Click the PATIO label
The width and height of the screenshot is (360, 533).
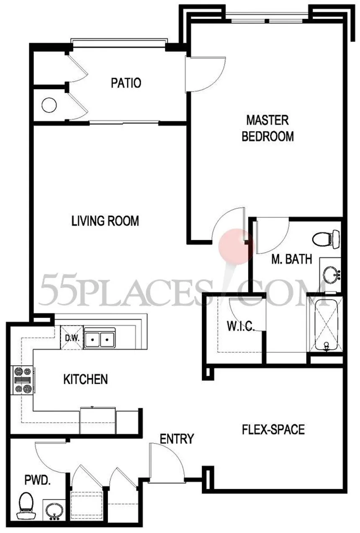pyautogui.click(x=126, y=83)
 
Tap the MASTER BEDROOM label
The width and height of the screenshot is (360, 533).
pyautogui.click(x=267, y=128)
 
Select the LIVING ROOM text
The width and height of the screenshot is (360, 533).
pyautogui.click(x=105, y=221)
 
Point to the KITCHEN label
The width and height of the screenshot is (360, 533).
pyautogui.click(x=85, y=379)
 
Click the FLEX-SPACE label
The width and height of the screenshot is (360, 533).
pyautogui.click(x=273, y=430)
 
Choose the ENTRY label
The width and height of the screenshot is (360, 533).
pyautogui.click(x=177, y=439)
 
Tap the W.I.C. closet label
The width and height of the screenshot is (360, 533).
pyautogui.click(x=241, y=326)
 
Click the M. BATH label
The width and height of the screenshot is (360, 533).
pyautogui.click(x=292, y=259)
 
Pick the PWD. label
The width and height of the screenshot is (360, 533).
pyautogui.click(x=38, y=480)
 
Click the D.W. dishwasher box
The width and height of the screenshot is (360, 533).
pyautogui.click(x=72, y=338)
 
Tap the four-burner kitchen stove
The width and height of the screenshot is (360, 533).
pyautogui.click(x=23, y=380)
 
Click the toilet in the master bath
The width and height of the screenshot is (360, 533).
pyautogui.click(x=326, y=239)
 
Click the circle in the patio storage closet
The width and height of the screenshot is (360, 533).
pyautogui.click(x=49, y=105)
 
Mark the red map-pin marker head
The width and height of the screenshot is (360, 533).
pyautogui.click(x=237, y=246)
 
